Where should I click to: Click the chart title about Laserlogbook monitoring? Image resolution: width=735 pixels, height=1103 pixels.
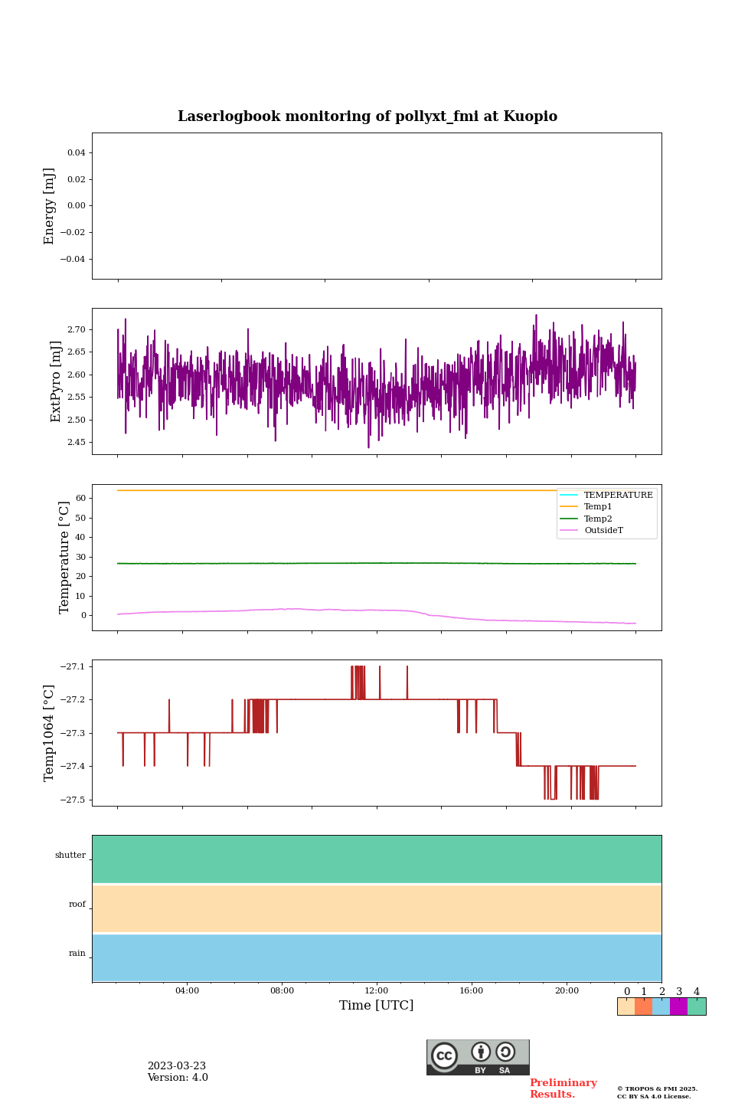tap(367, 116)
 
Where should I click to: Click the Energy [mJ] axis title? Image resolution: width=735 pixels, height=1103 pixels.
tap(50, 206)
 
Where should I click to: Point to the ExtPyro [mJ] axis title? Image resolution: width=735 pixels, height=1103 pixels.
tap(56, 381)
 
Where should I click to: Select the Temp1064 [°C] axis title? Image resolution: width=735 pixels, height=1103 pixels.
tap(50, 733)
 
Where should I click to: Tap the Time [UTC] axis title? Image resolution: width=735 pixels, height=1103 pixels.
tap(377, 1006)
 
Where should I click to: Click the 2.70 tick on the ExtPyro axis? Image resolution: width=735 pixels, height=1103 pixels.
tap(77, 329)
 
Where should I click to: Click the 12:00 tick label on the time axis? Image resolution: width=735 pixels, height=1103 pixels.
tap(377, 991)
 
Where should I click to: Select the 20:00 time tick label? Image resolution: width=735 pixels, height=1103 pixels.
tap(567, 991)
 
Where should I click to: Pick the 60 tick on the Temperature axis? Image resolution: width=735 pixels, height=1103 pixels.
tap(80, 498)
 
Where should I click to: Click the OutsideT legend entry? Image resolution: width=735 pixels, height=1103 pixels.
tap(603, 531)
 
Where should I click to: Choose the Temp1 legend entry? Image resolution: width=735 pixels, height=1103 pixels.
tap(598, 507)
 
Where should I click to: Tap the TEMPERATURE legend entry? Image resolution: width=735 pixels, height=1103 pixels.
tap(618, 496)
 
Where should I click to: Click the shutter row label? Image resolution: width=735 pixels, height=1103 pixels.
tap(70, 856)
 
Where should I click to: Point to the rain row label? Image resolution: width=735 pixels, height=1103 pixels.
tap(77, 954)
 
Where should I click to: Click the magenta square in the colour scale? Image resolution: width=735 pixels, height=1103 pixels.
tap(678, 1006)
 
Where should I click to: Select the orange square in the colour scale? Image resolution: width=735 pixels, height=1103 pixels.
tap(643, 1006)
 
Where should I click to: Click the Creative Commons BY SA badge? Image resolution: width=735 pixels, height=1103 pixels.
tap(478, 1057)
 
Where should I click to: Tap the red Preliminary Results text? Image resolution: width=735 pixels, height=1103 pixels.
tap(563, 1088)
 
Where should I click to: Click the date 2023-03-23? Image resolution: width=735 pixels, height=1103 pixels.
tap(177, 1066)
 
